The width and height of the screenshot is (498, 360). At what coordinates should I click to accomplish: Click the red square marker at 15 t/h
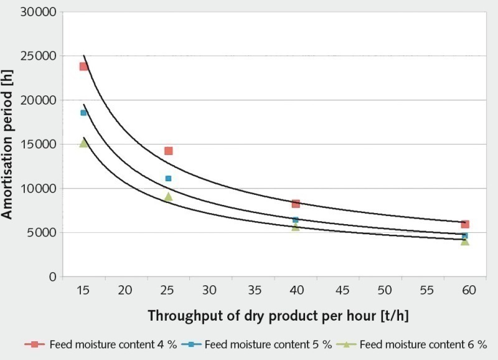pyautogui.click(x=83, y=66)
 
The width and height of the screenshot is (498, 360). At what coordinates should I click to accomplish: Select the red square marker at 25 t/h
pyautogui.click(x=168, y=151)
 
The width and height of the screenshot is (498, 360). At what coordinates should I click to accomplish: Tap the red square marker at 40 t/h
pyautogui.click(x=296, y=204)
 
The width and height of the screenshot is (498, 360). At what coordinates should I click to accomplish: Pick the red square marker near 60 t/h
pyautogui.click(x=465, y=224)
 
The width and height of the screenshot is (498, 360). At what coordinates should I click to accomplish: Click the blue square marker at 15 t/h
pyautogui.click(x=83, y=113)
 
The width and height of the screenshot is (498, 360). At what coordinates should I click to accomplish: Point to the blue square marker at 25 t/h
pyautogui.click(x=168, y=179)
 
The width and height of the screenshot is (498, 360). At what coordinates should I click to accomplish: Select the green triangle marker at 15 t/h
pyautogui.click(x=83, y=143)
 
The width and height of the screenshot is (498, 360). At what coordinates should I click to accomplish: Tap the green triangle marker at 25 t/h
pyautogui.click(x=168, y=197)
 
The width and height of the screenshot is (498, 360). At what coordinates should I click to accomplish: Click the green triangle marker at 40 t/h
pyautogui.click(x=296, y=227)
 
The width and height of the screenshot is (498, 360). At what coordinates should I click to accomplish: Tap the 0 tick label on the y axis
pyautogui.click(x=54, y=277)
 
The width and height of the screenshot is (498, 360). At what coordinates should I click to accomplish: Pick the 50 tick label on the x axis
pyautogui.click(x=385, y=290)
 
